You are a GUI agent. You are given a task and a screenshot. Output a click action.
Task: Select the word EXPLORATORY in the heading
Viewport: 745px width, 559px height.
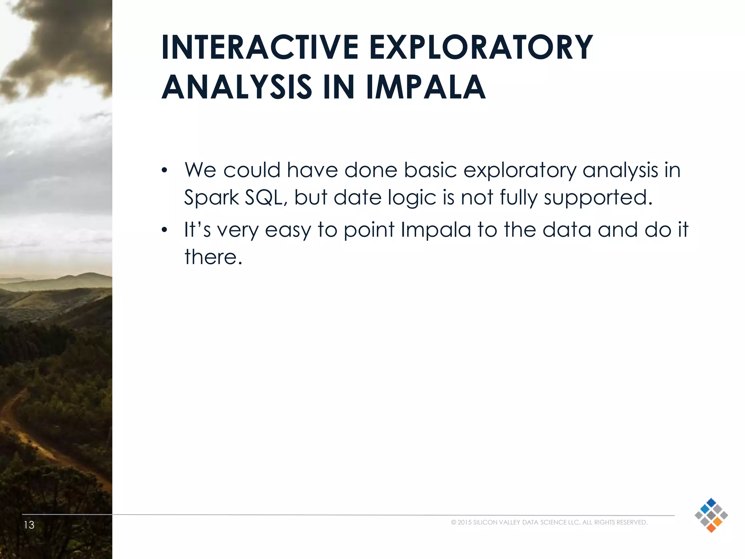point(481,48)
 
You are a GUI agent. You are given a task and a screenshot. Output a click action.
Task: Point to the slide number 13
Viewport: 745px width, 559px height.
point(29,525)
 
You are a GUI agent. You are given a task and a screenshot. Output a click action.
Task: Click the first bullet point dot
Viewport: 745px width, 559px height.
point(164,170)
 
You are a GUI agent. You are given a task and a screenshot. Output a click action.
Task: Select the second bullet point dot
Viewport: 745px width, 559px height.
point(164,230)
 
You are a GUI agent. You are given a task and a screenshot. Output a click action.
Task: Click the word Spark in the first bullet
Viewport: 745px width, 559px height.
point(211,198)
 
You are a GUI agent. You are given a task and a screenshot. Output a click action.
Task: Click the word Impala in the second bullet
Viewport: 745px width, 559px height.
point(435,230)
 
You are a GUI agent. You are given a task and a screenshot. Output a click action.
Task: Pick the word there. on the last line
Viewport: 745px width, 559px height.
point(213,257)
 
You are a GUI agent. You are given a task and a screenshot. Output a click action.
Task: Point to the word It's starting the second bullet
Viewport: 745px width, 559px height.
point(197,230)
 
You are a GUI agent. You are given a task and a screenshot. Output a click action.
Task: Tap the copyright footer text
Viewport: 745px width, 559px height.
point(549,522)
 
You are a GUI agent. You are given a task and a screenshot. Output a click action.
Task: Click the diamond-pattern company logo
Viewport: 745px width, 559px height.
point(711,515)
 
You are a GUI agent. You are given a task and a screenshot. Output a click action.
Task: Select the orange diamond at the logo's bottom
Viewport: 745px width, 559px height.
point(711,528)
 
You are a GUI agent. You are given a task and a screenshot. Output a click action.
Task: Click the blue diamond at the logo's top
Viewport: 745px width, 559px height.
point(711,503)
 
